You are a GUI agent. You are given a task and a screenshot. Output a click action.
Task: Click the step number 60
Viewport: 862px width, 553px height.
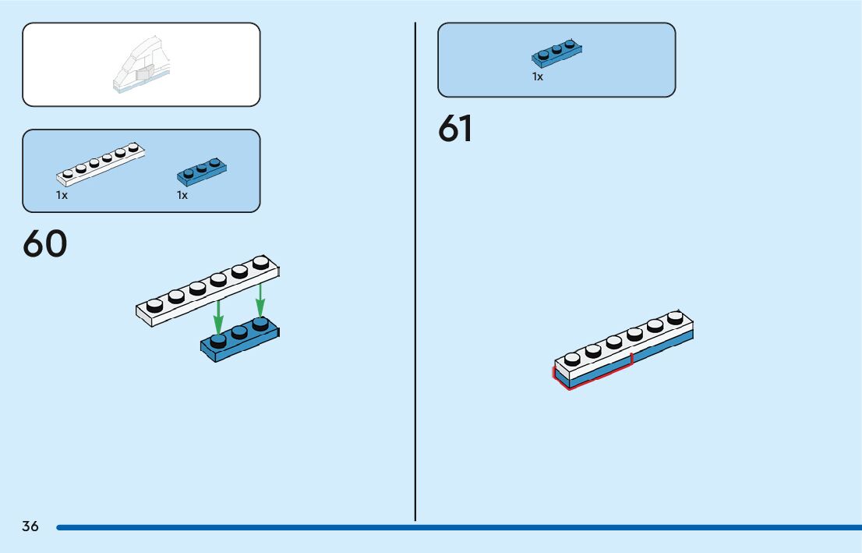tap(45, 243)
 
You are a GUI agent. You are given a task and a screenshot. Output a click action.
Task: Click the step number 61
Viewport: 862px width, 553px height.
tap(455, 129)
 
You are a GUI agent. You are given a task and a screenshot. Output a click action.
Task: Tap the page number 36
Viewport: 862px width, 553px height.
tap(30, 526)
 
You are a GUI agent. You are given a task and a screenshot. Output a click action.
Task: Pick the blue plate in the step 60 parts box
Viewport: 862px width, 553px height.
tap(202, 171)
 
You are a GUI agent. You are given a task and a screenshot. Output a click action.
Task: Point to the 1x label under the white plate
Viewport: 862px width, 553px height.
tap(62, 196)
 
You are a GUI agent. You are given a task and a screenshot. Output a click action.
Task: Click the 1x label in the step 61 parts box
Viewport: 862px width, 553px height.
tap(538, 77)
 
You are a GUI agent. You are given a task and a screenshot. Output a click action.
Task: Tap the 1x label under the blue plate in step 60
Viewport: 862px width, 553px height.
tap(182, 196)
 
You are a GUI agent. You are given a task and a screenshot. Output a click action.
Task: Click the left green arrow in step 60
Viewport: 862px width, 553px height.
tap(219, 316)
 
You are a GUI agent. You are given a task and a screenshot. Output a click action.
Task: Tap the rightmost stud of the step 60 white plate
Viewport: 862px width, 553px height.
tap(260, 263)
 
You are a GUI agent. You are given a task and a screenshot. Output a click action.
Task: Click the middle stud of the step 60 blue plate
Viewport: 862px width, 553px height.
tap(239, 331)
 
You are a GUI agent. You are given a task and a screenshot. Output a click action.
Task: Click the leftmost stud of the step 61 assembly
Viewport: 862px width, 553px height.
tap(572, 359)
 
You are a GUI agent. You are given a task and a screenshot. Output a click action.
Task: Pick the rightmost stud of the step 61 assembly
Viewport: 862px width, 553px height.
tap(675, 317)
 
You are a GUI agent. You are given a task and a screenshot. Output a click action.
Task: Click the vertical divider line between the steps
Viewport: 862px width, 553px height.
tap(415, 273)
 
